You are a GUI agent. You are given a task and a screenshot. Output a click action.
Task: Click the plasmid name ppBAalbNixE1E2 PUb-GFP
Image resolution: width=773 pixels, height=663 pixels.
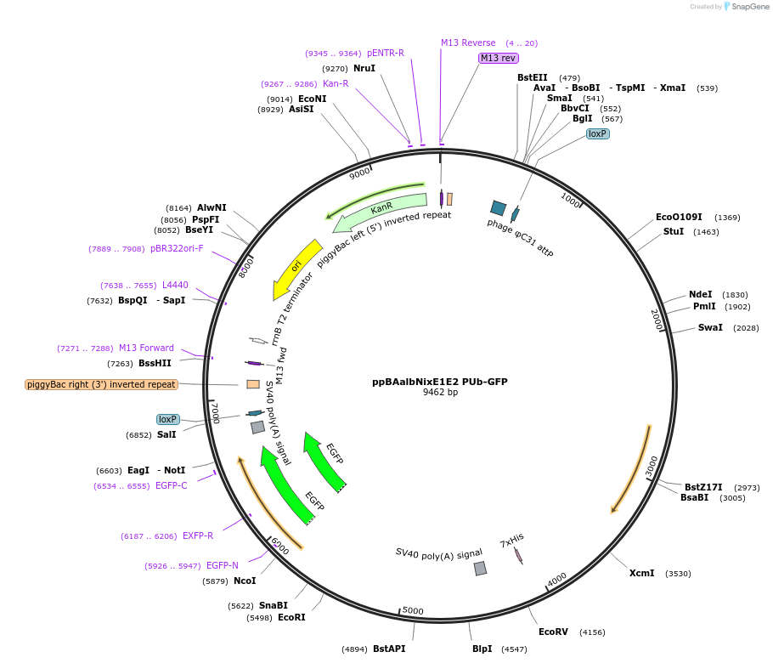click(440, 382)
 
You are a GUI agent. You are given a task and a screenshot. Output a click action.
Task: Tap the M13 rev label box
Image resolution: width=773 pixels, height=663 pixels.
click(498, 58)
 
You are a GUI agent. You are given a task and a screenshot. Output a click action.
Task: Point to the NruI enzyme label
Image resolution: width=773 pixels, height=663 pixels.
click(364, 68)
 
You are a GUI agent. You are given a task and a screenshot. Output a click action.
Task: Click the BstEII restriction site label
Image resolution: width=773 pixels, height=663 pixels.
click(532, 77)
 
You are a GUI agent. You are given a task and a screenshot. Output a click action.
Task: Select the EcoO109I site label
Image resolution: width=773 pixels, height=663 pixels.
click(679, 217)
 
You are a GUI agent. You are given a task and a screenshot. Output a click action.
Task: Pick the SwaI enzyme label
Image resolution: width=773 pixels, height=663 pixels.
click(710, 327)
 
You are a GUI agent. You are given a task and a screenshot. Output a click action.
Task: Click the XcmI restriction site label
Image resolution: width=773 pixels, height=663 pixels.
click(641, 573)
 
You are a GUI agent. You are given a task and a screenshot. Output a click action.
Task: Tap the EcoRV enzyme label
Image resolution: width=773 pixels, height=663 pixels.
click(553, 632)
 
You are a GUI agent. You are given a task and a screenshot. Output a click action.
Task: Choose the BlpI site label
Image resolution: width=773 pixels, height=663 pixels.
click(482, 649)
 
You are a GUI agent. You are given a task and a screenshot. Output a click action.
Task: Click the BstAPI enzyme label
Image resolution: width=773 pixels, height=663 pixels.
click(389, 649)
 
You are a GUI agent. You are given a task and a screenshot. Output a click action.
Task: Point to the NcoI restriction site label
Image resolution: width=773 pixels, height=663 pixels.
click(245, 581)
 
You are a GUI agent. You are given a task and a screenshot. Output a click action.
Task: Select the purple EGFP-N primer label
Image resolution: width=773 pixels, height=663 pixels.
click(223, 565)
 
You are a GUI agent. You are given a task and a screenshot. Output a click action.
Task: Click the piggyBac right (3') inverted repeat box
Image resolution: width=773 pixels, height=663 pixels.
click(101, 384)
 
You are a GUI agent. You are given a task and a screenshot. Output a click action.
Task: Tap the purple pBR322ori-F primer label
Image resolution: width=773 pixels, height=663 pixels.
click(177, 248)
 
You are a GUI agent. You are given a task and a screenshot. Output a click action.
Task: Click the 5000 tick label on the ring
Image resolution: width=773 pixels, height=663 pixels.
click(413, 610)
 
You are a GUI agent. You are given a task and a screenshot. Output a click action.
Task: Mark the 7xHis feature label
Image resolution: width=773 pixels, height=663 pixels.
click(511, 541)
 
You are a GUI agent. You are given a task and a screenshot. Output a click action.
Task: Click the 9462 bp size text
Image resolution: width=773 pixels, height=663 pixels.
click(440, 393)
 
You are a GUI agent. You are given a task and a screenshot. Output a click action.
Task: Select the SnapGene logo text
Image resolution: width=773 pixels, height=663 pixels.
click(750, 7)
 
